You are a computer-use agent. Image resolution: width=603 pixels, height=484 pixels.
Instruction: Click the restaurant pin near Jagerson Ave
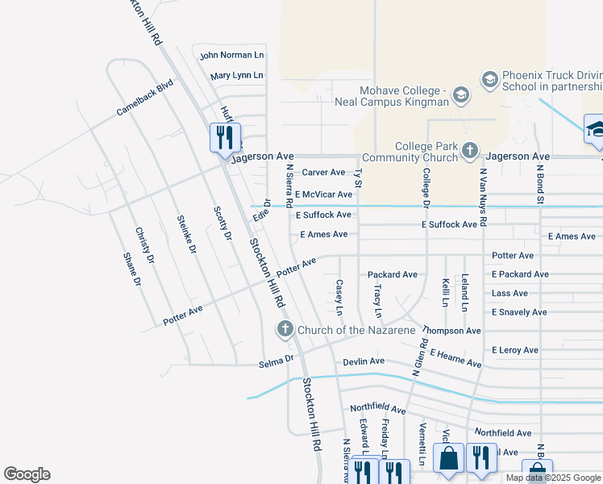[x=225, y=136]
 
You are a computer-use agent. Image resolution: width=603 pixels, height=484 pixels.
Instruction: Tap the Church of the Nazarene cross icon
[x=285, y=329]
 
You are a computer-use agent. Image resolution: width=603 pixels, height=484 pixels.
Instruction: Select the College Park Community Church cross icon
[x=470, y=151]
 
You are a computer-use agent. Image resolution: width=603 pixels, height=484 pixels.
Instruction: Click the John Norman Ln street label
[x=231, y=56]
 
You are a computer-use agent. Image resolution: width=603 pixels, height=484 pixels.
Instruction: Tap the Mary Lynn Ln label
[x=236, y=76]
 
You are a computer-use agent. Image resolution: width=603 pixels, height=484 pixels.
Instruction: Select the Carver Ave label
[x=323, y=173]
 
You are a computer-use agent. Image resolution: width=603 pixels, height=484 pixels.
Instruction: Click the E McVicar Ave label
[x=323, y=194]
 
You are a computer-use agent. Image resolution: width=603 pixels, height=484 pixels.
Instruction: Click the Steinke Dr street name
[x=186, y=235]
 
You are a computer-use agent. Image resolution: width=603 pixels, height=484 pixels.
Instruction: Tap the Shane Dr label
[x=131, y=270]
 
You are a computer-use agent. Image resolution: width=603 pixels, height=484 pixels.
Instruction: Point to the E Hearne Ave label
[x=455, y=359]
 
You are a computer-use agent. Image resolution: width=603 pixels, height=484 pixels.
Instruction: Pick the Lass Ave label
[x=509, y=294]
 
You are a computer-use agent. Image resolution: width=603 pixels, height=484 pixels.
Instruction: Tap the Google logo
[x=27, y=474]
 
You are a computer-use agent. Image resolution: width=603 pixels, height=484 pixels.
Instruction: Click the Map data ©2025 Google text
[x=553, y=478]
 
